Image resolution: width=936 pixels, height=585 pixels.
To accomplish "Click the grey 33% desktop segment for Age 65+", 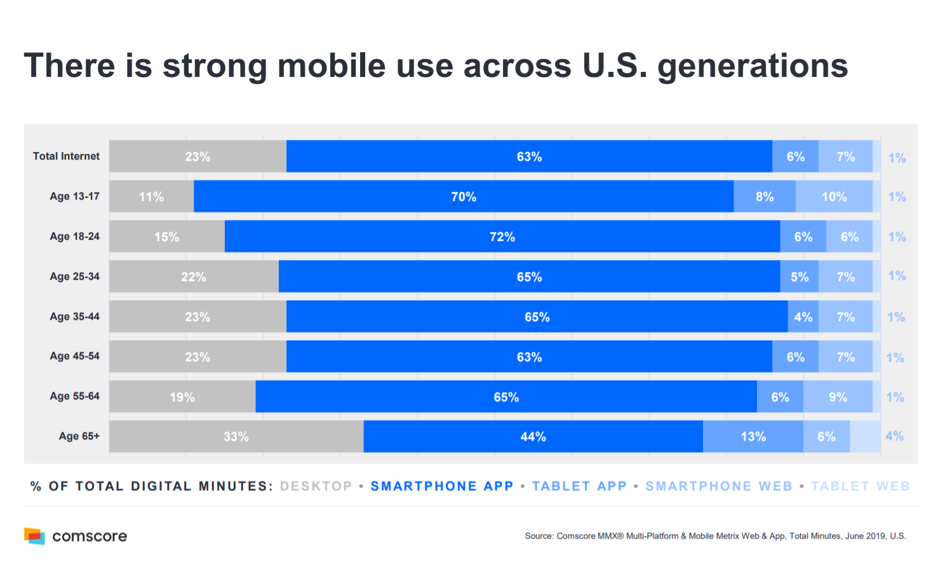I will pos(236,437).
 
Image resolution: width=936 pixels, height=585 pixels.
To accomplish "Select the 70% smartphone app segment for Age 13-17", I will pos(464,196).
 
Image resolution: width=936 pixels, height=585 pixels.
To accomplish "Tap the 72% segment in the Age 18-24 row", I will pos(502,237).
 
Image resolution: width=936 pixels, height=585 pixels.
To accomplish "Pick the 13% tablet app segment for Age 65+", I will pos(753,437).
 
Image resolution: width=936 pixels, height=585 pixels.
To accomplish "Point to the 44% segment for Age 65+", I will pos(533,437).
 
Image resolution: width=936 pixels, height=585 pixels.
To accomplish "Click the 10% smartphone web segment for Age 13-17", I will pos(834,196).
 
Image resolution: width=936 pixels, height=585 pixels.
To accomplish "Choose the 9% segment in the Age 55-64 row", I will pos(838,397).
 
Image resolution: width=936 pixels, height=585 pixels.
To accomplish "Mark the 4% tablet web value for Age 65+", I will pos(894,436).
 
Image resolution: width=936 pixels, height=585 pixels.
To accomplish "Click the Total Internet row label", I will pos(66,156).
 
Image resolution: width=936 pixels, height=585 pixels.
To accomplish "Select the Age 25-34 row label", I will pos(74,277).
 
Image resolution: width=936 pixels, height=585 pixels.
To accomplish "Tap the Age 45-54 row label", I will pos(74,356).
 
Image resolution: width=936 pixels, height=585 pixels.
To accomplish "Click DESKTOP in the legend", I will pos(316,486).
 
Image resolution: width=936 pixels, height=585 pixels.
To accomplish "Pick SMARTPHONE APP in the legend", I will pos(442,486).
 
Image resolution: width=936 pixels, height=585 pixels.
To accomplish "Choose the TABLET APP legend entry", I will pos(579,486).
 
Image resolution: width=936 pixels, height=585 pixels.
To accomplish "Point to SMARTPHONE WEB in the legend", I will pos(719,486).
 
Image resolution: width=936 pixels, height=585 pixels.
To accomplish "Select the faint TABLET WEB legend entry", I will pos(860,486).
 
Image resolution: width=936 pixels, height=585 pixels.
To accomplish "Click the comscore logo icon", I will pos(35,536).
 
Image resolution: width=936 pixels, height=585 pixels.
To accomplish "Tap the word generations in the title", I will pos(752,66).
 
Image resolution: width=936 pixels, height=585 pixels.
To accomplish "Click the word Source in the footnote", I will pos(538,536).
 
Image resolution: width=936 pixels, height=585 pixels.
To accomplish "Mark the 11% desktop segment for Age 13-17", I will pos(151,196).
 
